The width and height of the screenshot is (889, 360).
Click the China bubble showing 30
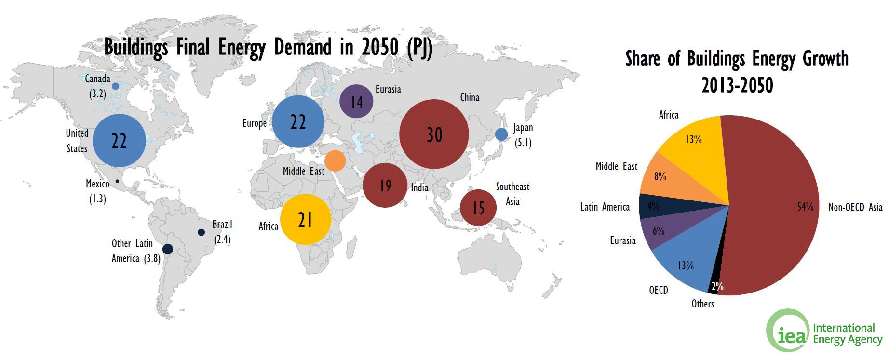[434, 134]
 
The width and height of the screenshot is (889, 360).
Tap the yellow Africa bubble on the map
[306, 220]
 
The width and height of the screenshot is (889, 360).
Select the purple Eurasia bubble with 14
[356, 101]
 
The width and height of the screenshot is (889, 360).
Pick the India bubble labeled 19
[385, 186]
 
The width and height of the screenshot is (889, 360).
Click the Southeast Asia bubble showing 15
[478, 208]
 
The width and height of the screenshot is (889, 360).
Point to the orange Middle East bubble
[335, 160]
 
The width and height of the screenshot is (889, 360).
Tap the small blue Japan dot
[501, 134]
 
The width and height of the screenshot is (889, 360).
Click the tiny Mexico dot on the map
[117, 181]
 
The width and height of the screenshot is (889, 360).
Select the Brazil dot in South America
[202, 232]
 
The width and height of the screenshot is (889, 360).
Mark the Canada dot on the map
[116, 86]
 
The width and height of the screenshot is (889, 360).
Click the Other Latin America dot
[168, 249]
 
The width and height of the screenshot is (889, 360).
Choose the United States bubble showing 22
[119, 140]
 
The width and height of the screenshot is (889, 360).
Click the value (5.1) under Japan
[523, 143]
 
